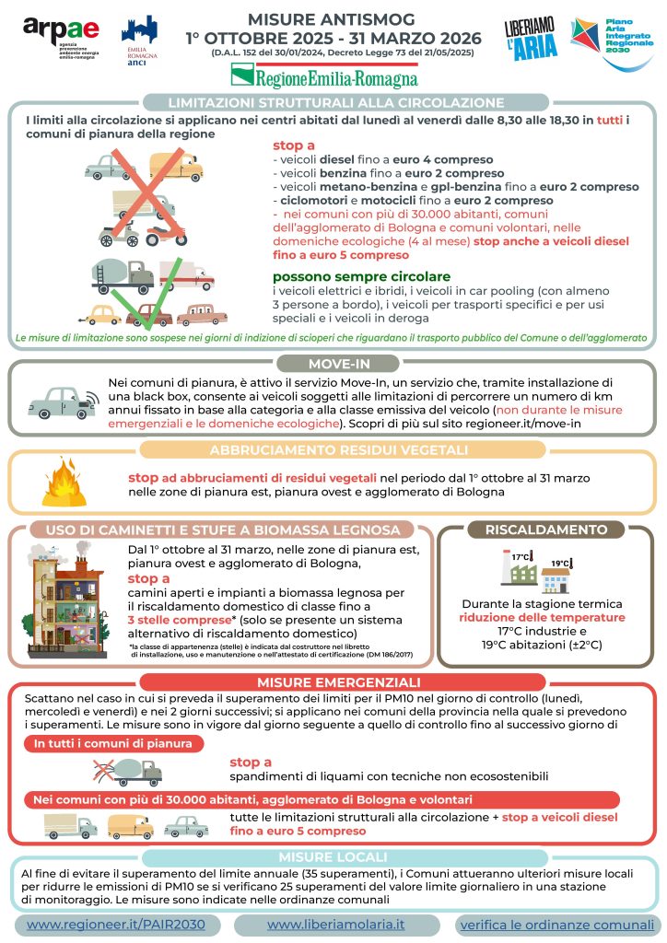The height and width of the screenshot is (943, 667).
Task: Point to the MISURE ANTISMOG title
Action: tap(333, 19)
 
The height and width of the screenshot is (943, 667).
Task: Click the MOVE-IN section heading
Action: tap(333, 362)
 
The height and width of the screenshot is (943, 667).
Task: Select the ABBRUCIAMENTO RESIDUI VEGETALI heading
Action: tap(333, 449)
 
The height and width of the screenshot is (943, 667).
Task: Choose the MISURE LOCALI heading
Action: tap(333, 856)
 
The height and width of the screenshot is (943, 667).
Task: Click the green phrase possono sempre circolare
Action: tap(361, 276)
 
